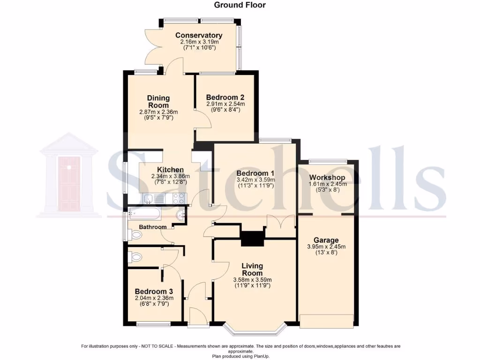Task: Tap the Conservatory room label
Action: [x=199, y=36]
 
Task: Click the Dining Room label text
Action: [x=157, y=102]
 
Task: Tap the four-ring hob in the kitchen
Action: [x=179, y=199]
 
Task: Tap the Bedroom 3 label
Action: [x=150, y=291]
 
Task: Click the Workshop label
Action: [x=327, y=178]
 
